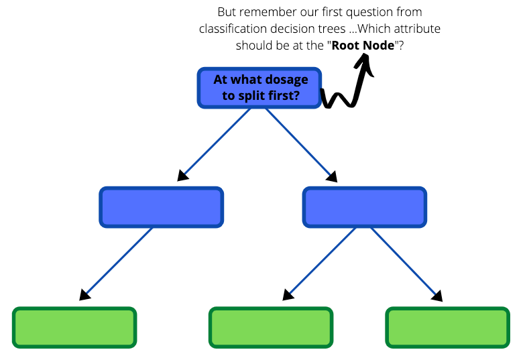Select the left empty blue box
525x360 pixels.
pyautogui.click(x=162, y=207)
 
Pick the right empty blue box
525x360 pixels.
pyautogui.click(x=365, y=207)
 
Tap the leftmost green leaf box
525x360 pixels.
pyautogui.click(x=74, y=327)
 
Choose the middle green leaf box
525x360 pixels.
pyautogui.click(x=271, y=327)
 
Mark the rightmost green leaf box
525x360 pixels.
pyautogui.click(x=448, y=327)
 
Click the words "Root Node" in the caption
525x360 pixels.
pyautogui.click(x=363, y=46)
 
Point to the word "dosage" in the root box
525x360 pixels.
pyautogui.click(x=286, y=80)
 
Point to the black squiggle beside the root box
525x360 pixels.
pyautogui.click(x=339, y=99)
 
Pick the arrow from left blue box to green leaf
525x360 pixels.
pyautogui.click(x=118, y=262)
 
